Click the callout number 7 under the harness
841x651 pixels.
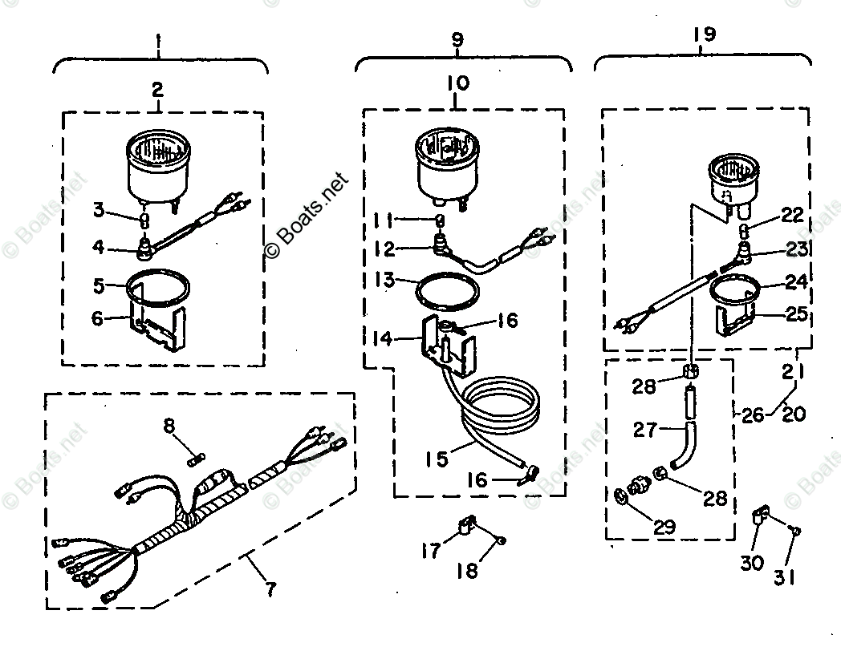tap(270, 589)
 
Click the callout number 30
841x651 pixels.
tap(752, 563)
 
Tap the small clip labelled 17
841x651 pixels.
tap(465, 524)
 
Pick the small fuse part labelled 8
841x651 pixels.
tap(195, 459)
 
